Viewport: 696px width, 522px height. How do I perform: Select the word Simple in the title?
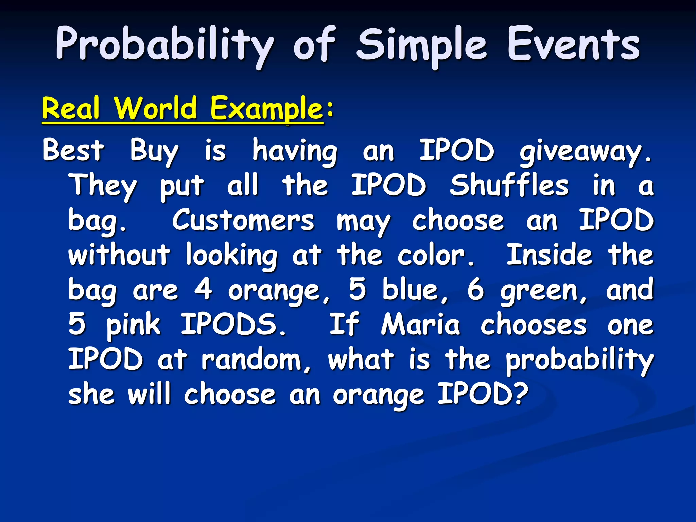pyautogui.click(x=421, y=46)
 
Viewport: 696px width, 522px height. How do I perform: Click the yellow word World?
pyautogui.click(x=156, y=108)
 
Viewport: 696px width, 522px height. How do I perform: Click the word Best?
pyautogui.click(x=73, y=150)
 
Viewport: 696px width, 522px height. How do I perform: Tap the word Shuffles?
pyautogui.click(x=509, y=185)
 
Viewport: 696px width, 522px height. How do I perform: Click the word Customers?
pyautogui.click(x=243, y=220)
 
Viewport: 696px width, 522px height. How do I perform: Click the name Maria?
pyautogui.click(x=420, y=325)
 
